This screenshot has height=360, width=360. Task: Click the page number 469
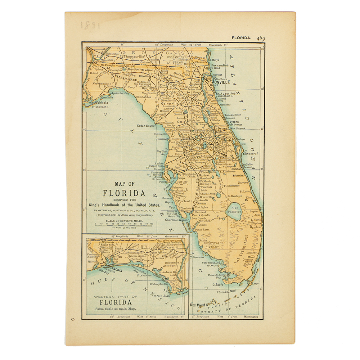(x=261, y=38)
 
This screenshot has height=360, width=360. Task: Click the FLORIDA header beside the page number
(x=242, y=38)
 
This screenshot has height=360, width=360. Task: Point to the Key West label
(x=198, y=305)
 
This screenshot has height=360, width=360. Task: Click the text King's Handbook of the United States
(x=124, y=204)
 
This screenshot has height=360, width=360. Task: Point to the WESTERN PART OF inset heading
(x=115, y=296)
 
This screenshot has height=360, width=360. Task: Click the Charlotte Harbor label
(x=176, y=220)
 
